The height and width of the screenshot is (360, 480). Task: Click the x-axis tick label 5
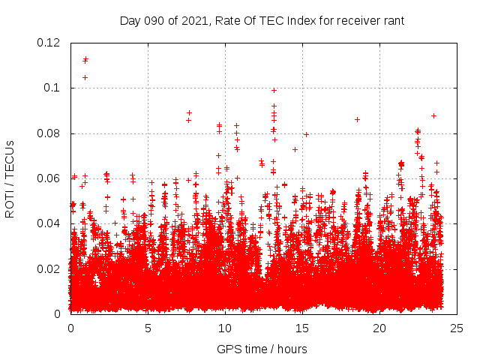tap(148, 328)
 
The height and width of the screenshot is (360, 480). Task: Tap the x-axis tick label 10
tap(225, 328)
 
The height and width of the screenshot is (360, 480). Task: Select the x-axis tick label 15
tap(302, 328)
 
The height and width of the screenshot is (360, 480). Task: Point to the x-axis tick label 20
tap(379, 328)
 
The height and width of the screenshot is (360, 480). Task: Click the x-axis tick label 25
tap(456, 328)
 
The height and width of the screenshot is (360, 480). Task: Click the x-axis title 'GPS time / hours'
tap(263, 349)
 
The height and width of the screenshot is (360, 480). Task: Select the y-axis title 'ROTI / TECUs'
tap(10, 178)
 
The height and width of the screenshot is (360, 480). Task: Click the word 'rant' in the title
tap(392, 20)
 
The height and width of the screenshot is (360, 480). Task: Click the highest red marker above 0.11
tap(85, 59)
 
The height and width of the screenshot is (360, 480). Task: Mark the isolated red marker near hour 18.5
tap(357, 119)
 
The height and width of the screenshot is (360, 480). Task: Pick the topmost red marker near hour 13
tap(274, 90)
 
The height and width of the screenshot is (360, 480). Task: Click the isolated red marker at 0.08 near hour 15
tap(306, 134)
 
